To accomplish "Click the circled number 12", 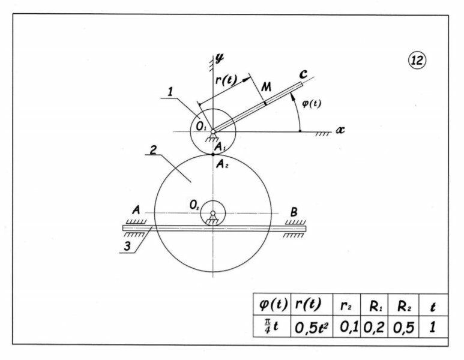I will (x=417, y=59).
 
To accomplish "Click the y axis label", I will (x=220, y=58).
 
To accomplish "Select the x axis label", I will (x=340, y=130).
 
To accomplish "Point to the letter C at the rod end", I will (x=303, y=74).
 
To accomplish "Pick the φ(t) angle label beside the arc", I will (x=311, y=103).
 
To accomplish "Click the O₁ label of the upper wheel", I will (x=200, y=127).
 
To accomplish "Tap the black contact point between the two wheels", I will (x=213, y=154).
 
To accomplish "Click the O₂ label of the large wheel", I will (x=194, y=205).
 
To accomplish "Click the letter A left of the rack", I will (x=136, y=211).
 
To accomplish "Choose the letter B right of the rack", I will (x=294, y=211).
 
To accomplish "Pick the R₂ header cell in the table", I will (x=402, y=307).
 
